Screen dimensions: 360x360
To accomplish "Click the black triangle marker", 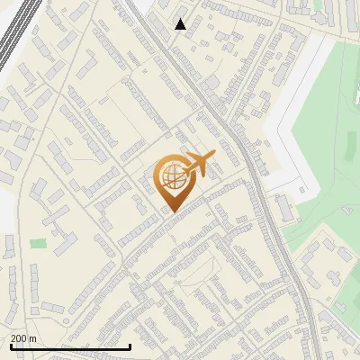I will pos(181,24).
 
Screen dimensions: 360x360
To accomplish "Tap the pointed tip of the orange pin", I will pos(171,211).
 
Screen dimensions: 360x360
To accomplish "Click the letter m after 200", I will pos(33,338).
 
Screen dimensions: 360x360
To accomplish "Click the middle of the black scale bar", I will pos(70,346).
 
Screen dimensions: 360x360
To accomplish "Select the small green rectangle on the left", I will pos(38,243).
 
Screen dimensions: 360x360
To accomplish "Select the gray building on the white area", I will pos(283,209).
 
